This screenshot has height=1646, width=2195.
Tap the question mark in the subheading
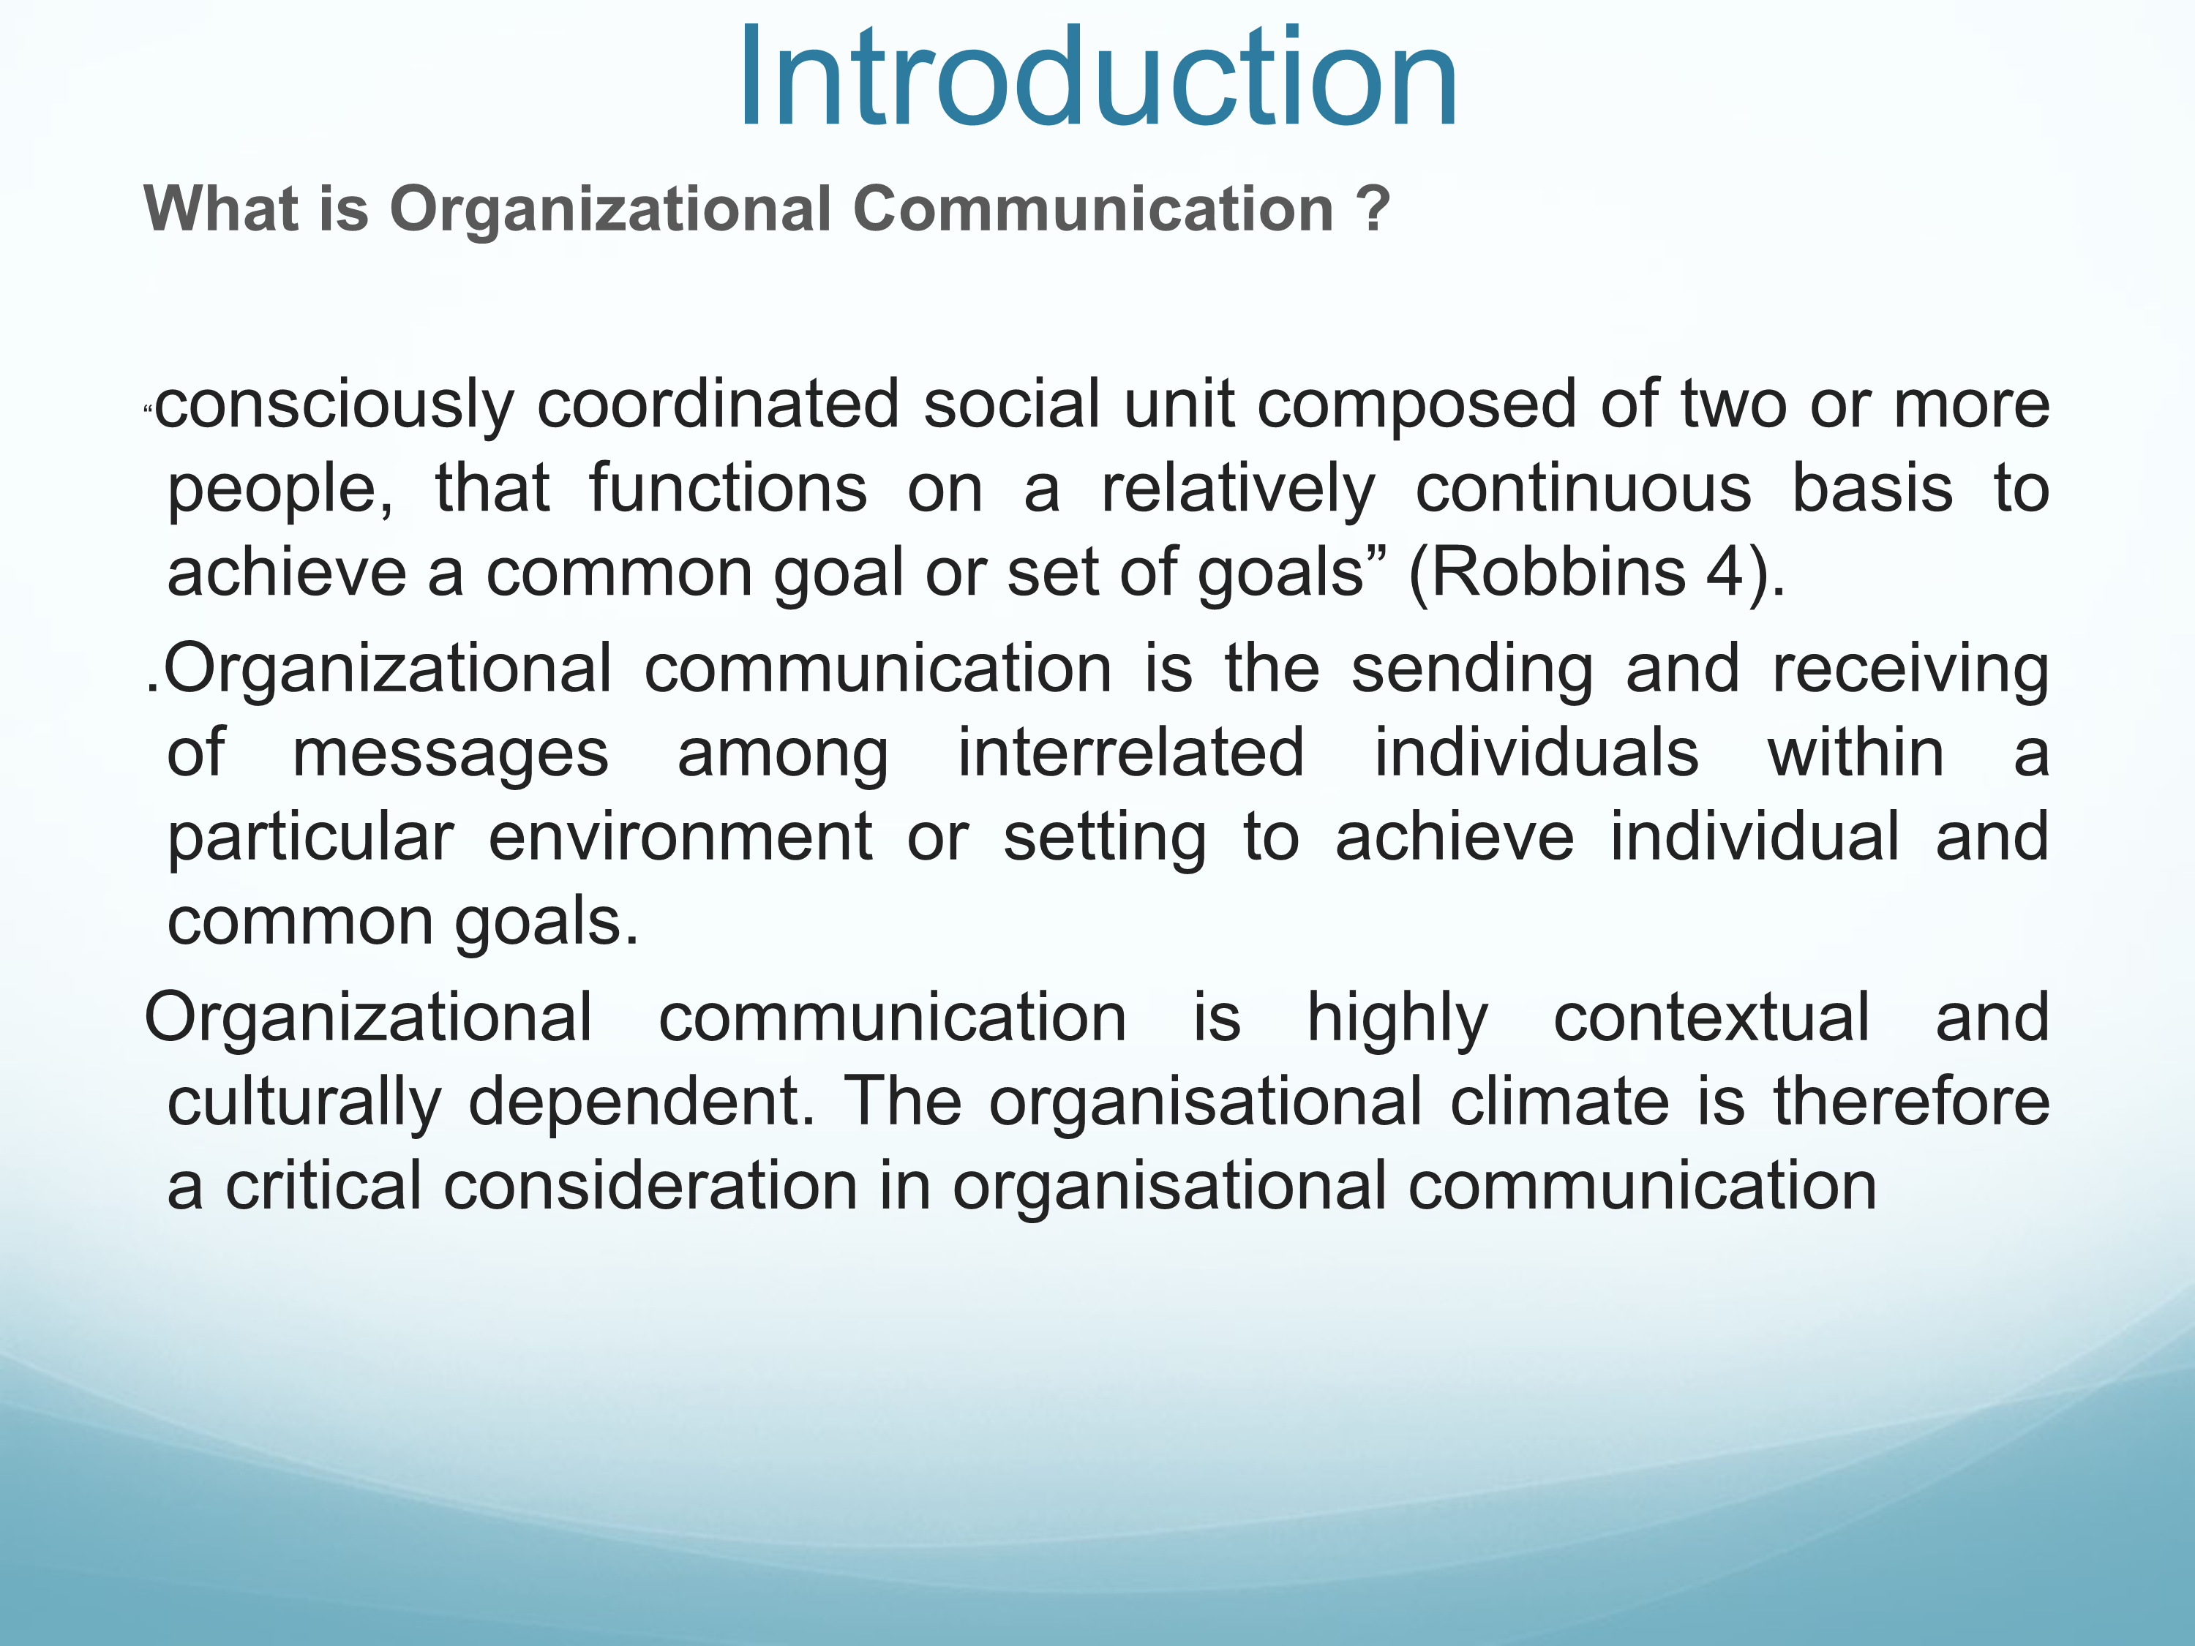pos(1374,209)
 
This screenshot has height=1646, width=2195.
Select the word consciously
pos(334,407)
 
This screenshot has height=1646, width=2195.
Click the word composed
pos(1417,407)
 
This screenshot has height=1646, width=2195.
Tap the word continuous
pos(1583,489)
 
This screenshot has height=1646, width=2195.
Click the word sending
pos(1473,671)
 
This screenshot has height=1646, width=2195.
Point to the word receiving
pos(1911,671)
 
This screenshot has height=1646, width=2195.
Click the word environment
pos(680,838)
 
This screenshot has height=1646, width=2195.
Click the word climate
pos(1560,1103)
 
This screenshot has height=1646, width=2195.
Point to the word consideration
pos(650,1187)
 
